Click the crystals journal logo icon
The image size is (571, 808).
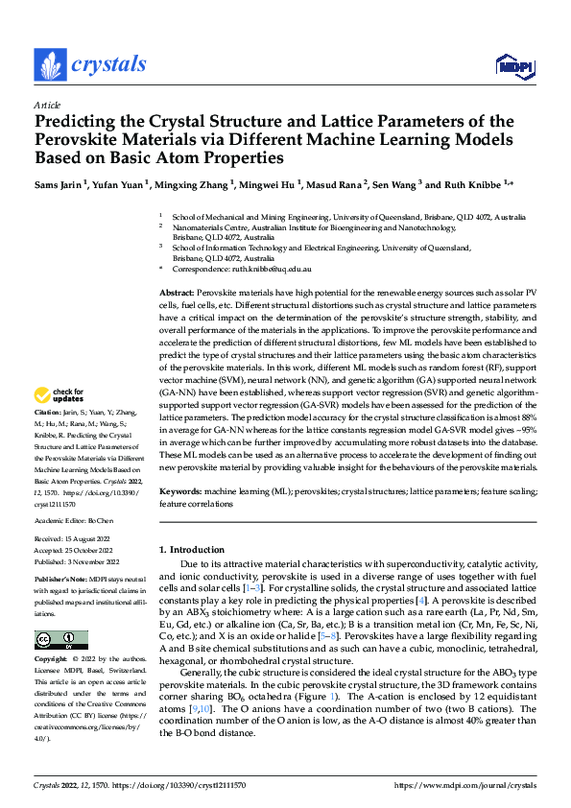point(49,64)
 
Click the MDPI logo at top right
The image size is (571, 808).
point(509,65)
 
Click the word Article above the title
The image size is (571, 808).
point(47,105)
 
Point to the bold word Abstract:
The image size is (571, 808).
point(177,291)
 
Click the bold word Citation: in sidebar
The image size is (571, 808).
point(49,437)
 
